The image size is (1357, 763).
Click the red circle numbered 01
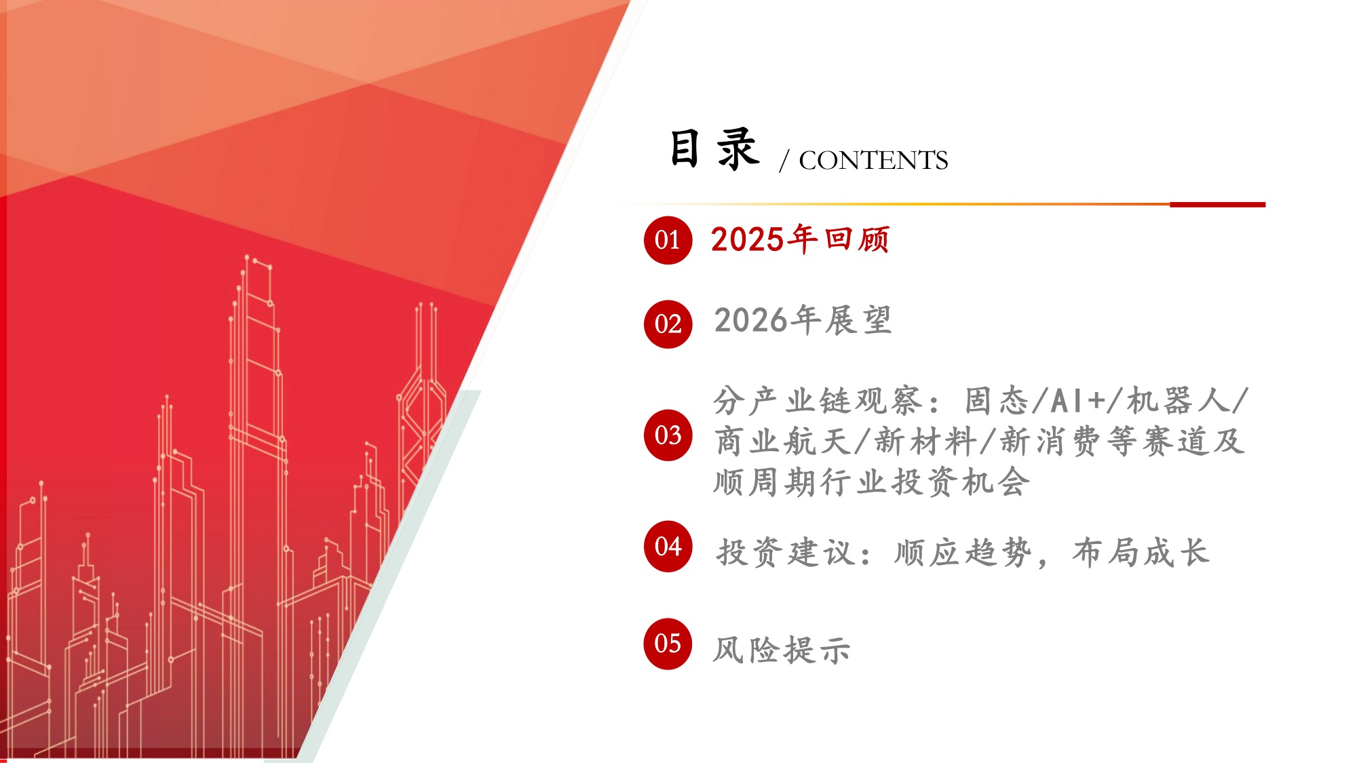pyautogui.click(x=668, y=240)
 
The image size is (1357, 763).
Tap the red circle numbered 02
pyautogui.click(x=668, y=324)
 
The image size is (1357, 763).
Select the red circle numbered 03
pyautogui.click(x=668, y=435)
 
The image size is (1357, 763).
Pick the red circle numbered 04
pyautogui.click(x=668, y=547)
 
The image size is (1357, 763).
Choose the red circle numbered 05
pyautogui.click(x=668, y=644)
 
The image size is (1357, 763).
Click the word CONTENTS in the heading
pyautogui.click(x=873, y=161)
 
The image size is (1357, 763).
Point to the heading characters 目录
pyautogui.click(x=714, y=149)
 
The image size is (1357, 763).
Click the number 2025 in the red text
pyautogui.click(x=747, y=239)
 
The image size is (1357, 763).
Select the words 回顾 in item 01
pyautogui.click(x=857, y=239)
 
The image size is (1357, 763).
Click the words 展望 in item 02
pyautogui.click(x=858, y=320)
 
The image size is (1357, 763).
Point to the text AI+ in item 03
pyautogui.click(x=1077, y=401)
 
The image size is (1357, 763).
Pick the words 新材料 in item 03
pyautogui.click(x=925, y=442)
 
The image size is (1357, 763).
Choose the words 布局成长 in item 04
pyautogui.click(x=1141, y=553)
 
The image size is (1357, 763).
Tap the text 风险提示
pyautogui.click(x=781, y=650)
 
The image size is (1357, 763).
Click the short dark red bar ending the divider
pyautogui.click(x=1217, y=204)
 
